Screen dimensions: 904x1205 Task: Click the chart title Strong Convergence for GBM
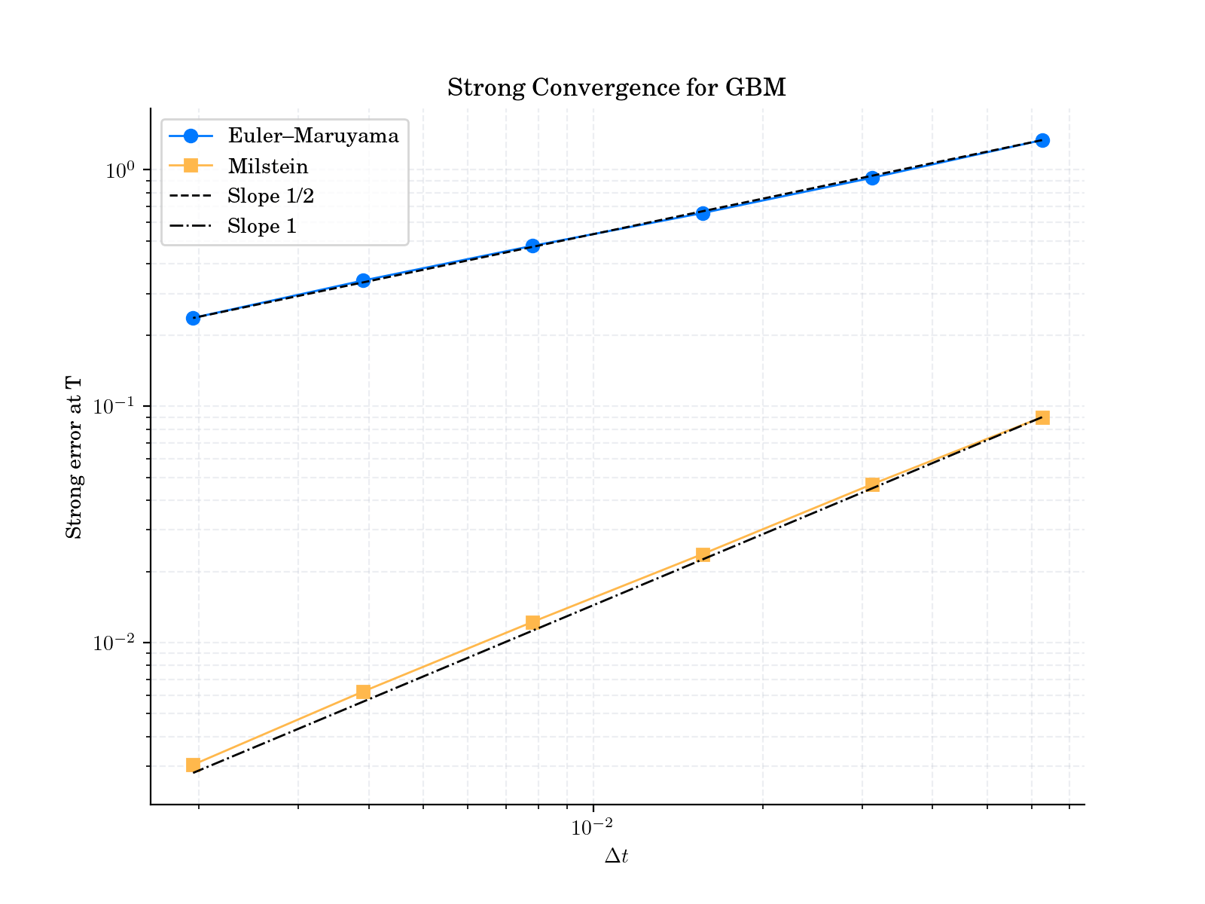point(616,88)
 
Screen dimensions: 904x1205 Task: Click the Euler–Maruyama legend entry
point(313,136)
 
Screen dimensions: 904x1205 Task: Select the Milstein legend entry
point(267,166)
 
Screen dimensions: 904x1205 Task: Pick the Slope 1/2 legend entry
point(270,197)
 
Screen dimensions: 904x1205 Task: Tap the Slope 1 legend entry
point(262,226)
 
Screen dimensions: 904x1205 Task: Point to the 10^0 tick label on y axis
point(120,169)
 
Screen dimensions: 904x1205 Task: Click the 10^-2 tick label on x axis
point(593,826)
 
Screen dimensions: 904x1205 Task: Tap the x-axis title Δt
point(616,857)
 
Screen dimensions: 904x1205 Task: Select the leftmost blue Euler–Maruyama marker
point(193,319)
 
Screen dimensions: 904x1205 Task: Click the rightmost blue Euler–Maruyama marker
point(1042,141)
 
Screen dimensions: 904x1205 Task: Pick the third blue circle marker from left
point(532,246)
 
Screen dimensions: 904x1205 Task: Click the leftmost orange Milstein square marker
point(193,765)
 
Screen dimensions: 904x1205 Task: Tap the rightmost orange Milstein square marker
point(1042,418)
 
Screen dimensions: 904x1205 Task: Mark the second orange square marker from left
point(363,692)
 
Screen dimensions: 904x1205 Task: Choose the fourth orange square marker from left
point(703,554)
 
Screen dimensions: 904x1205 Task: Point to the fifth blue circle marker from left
point(872,179)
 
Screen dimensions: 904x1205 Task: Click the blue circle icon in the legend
point(191,136)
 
